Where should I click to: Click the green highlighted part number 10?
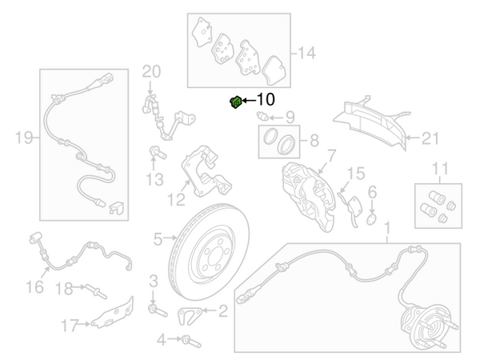tap(236, 102)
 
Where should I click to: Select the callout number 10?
tap(266, 99)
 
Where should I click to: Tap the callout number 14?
tap(306, 53)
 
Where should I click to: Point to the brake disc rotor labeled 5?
tap(209, 252)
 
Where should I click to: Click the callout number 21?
tap(430, 138)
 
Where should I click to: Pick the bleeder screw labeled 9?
tap(262, 116)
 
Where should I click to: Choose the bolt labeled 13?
tap(158, 152)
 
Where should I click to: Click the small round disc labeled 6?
tap(371, 219)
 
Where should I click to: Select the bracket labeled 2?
tap(190, 316)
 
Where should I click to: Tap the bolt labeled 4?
tap(191, 342)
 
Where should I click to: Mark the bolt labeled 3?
tap(158, 310)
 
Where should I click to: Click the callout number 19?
tap(24, 138)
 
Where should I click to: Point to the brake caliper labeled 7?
tap(309, 196)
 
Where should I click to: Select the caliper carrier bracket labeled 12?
tap(206, 171)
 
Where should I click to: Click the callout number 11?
tap(440, 169)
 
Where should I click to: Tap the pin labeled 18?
tap(96, 291)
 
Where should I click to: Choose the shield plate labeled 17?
tap(113, 313)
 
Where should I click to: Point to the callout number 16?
tap(34, 287)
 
